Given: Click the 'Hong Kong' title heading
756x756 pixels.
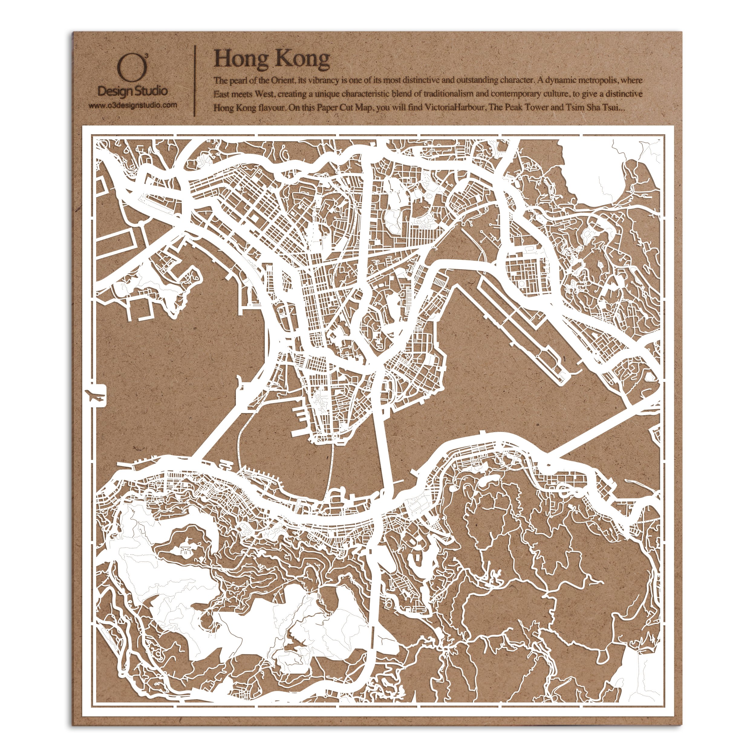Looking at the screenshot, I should pyautogui.click(x=272, y=60).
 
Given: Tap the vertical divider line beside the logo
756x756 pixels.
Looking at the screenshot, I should pyautogui.click(x=195, y=81).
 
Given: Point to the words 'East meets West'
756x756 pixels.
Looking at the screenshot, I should pyautogui.click(x=243, y=94).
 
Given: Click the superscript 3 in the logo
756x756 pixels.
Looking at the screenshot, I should pyautogui.click(x=146, y=57).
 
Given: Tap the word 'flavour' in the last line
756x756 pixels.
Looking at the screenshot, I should pyautogui.click(x=271, y=108).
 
